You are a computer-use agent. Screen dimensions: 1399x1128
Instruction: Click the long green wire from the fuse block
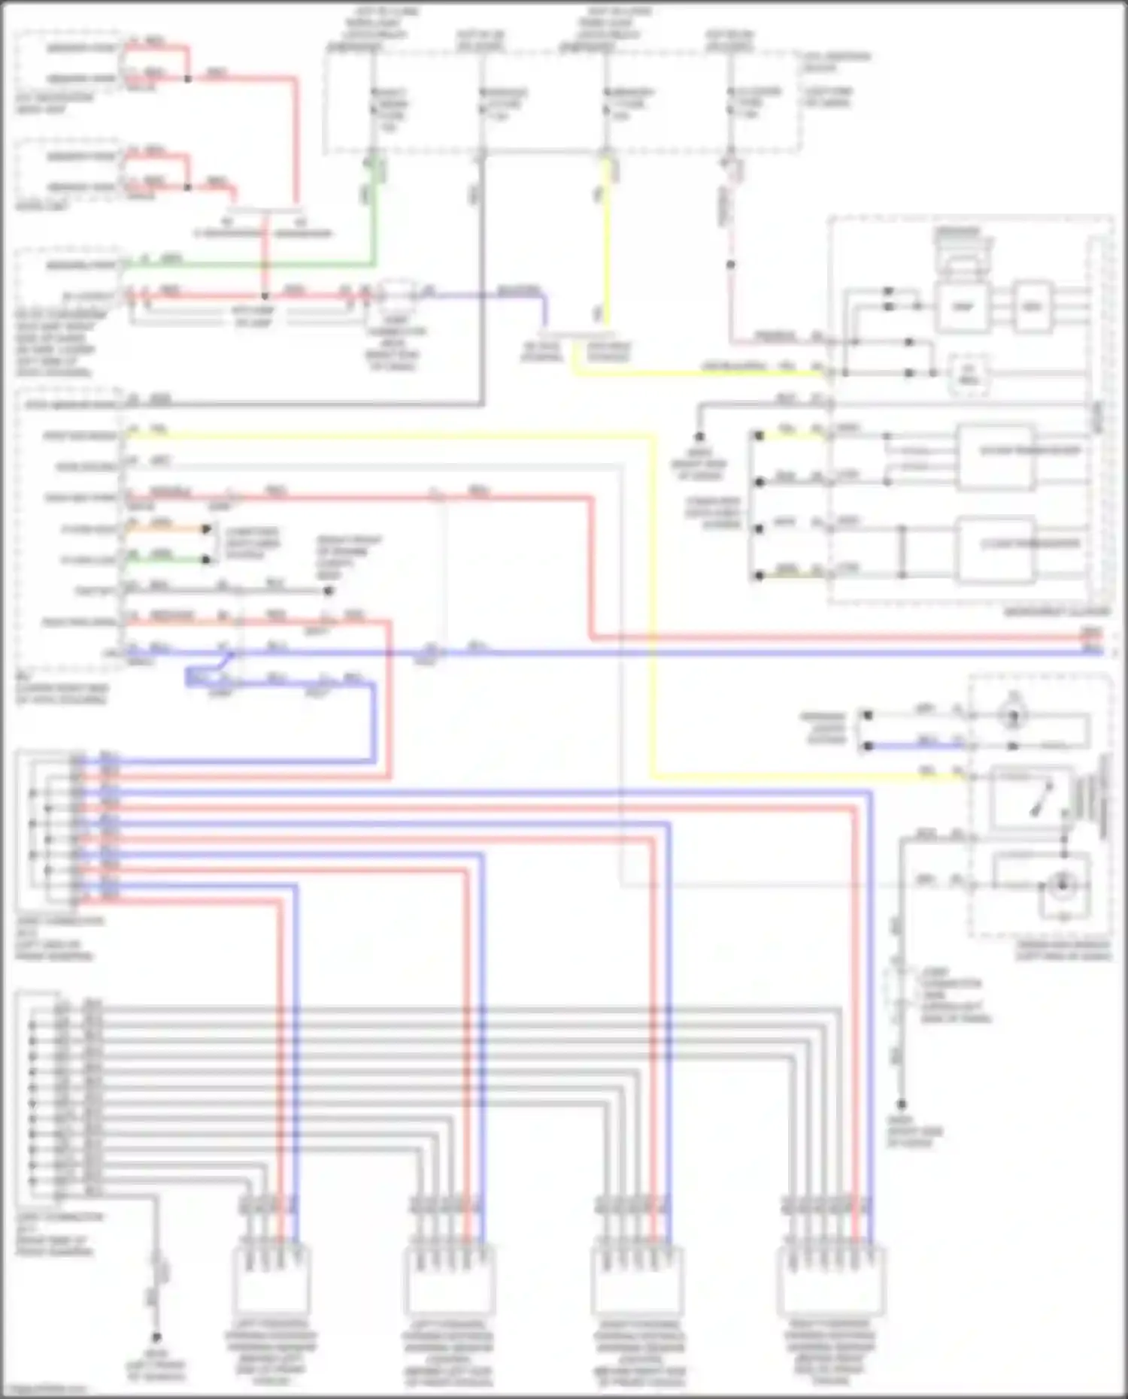[x=248, y=264]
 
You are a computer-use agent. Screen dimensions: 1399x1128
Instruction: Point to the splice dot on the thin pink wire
[x=730, y=265]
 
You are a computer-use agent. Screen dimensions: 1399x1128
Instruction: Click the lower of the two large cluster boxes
[x=994, y=550]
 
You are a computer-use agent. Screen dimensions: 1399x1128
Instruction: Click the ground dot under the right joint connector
[x=901, y=1104]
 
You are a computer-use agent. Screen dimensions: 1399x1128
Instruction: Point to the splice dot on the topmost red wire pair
[x=188, y=78]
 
